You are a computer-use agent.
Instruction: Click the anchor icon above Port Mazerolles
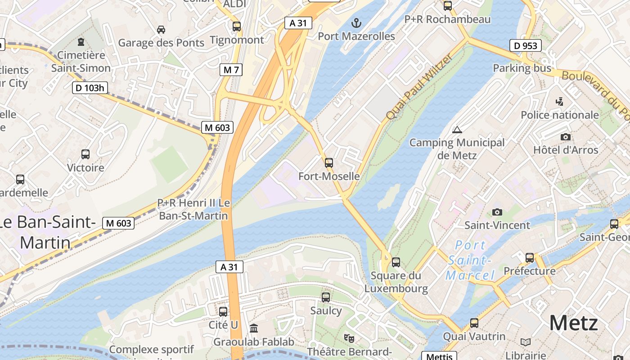[356, 22]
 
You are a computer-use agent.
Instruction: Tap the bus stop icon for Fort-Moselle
[329, 163]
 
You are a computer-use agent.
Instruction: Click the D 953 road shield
[525, 45]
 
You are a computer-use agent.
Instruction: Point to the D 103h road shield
[90, 88]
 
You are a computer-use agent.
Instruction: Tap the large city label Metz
[573, 323]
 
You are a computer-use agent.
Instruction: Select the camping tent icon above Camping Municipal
[457, 130]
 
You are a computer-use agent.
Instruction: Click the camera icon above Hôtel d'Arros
[566, 137]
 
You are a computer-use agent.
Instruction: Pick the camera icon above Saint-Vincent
[497, 212]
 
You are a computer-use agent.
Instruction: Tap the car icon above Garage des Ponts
[161, 30]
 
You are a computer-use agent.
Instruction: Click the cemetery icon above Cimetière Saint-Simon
[81, 42]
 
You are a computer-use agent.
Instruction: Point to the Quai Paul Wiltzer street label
[418, 86]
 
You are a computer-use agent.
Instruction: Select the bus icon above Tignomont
[237, 27]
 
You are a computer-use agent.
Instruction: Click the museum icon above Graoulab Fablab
[254, 328]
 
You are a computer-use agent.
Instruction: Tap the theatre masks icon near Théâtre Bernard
[349, 337]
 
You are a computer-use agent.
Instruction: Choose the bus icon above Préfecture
[530, 258]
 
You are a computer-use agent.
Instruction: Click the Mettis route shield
[439, 356]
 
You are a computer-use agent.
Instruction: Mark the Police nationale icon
[559, 102]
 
